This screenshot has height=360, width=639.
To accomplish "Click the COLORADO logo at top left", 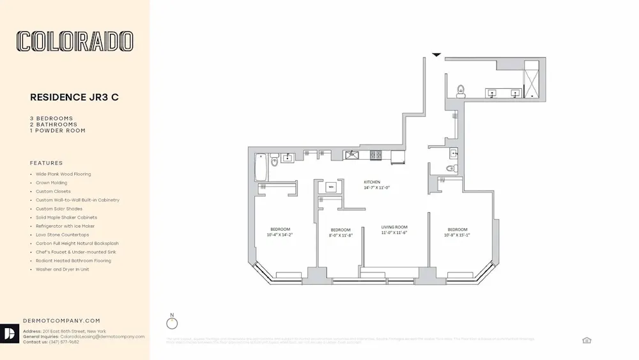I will [x=75, y=42].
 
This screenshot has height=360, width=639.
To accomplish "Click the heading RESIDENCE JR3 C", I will [x=74, y=98].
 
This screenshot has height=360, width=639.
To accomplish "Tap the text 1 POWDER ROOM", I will [x=58, y=130].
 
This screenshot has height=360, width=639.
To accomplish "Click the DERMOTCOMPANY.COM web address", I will [x=61, y=320].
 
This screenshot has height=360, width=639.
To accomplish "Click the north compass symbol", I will [x=171, y=323].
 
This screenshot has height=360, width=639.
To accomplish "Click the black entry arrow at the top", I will [x=436, y=55].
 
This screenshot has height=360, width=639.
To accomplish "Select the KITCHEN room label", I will [x=373, y=182].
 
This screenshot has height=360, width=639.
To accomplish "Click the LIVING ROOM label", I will [x=394, y=228].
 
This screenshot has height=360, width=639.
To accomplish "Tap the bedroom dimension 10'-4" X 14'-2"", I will [x=280, y=235].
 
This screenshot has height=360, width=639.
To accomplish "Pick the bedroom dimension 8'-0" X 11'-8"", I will [x=341, y=235].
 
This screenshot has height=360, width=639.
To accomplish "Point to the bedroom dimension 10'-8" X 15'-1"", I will [x=458, y=235].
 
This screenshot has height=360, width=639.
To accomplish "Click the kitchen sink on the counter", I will [x=351, y=155].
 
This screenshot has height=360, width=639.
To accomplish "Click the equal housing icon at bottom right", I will [x=587, y=340].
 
